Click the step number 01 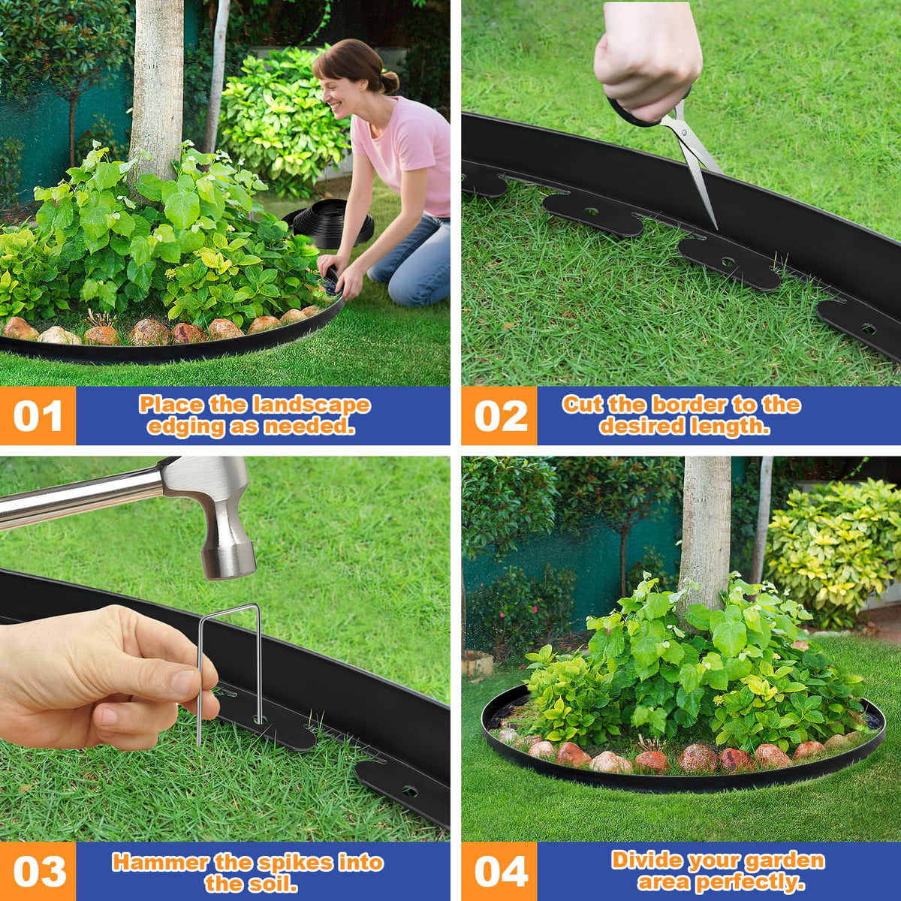(x=38, y=416)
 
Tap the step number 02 (x=501, y=416)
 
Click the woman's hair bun (x=390, y=83)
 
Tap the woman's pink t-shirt (x=402, y=155)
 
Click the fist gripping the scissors (x=648, y=61)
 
